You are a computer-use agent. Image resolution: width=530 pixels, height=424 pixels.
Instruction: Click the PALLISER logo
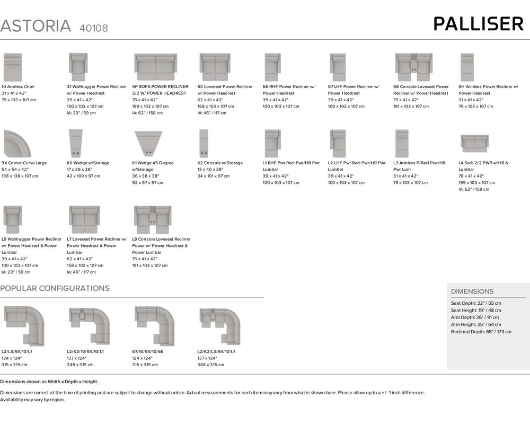(478, 24)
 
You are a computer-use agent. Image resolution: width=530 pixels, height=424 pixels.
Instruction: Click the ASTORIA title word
(36, 26)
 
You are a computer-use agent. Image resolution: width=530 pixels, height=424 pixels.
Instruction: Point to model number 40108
(93, 28)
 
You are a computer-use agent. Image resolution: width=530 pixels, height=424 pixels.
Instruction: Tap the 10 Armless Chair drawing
(13, 67)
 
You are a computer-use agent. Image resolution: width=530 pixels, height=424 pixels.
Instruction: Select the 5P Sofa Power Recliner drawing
(155, 67)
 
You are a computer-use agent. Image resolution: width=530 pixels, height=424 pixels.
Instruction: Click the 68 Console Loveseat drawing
(414, 67)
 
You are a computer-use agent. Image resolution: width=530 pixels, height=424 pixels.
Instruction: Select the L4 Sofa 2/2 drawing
(474, 143)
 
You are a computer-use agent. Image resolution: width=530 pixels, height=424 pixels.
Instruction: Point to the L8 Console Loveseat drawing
(152, 219)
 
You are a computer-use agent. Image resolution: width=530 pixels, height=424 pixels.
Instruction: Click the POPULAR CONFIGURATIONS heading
(55, 288)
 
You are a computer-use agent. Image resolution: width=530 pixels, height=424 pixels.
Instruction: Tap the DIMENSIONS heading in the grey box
(472, 291)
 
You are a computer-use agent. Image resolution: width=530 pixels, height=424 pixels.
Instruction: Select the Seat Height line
(476, 310)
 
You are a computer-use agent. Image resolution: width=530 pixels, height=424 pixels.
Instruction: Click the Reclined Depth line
(481, 331)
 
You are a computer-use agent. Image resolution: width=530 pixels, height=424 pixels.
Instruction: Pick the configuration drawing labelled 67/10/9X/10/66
(154, 325)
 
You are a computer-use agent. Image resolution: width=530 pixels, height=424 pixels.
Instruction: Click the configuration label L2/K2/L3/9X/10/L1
(216, 351)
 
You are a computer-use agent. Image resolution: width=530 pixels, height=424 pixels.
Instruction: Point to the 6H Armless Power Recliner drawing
(467, 67)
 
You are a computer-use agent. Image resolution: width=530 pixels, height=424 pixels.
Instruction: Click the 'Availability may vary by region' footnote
(32, 400)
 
